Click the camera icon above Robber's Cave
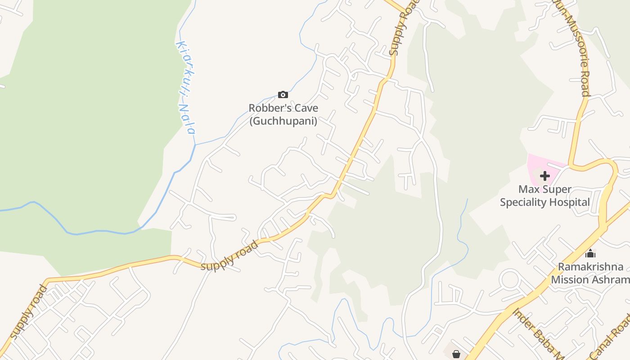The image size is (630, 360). click(283, 94)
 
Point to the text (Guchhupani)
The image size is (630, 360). click(283, 121)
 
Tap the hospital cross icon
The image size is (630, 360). click(544, 175)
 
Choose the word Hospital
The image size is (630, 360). click(573, 202)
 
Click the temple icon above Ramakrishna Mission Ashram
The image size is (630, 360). click(590, 254)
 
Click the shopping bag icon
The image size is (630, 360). click(456, 354)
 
